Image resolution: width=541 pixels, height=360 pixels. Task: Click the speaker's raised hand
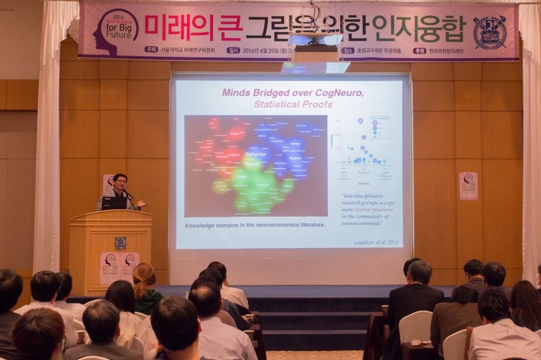pos(141,204)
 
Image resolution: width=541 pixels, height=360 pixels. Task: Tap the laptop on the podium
pos(114,203)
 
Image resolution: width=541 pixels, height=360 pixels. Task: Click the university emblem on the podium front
pos(120,243)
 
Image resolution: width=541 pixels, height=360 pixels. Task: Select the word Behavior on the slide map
pos(255,154)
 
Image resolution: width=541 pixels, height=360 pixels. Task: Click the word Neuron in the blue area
pos(295,158)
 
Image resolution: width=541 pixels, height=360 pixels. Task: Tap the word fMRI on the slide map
pos(241,176)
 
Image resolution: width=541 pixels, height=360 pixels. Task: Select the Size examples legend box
pos(379,128)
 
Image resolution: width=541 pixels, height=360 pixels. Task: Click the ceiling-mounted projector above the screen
pos(315,52)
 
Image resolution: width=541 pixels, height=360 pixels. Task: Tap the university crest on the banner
pos(490,32)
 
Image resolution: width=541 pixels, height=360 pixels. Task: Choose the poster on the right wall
pos(468,186)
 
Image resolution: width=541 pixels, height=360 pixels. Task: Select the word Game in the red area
pos(234,133)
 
